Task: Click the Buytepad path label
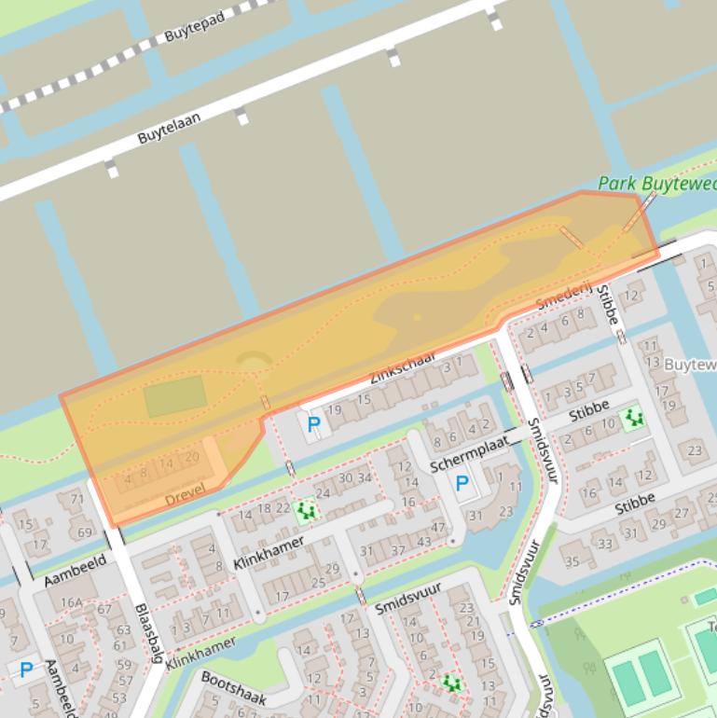(x=195, y=25)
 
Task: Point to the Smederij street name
(x=564, y=297)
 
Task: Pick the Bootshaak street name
(x=234, y=687)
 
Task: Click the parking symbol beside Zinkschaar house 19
(x=313, y=425)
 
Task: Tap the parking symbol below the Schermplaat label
(x=462, y=483)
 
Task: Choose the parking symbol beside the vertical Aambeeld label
(x=26, y=669)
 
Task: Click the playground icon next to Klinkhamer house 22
(x=304, y=510)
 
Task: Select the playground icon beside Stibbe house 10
(x=634, y=418)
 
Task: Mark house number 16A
(x=72, y=602)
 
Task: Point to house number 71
(x=76, y=499)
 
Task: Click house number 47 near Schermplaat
(x=438, y=528)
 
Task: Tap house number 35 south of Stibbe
(x=572, y=560)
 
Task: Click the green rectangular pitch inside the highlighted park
(x=175, y=396)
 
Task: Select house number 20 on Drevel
(x=192, y=457)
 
